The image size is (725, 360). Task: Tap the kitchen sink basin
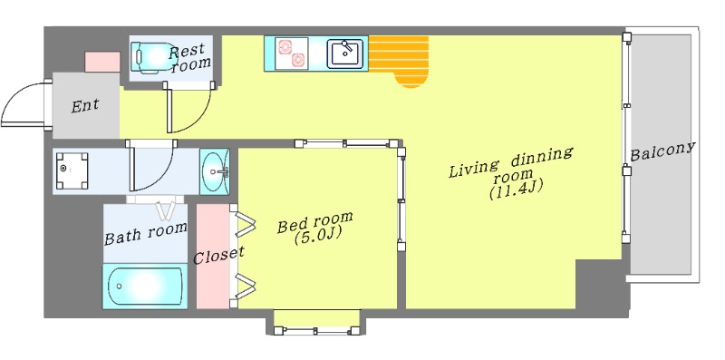pyautogui.click(x=345, y=54)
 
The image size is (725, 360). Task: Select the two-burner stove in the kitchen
pyautogui.click(x=291, y=54)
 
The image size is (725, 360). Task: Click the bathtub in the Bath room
pyautogui.click(x=145, y=286)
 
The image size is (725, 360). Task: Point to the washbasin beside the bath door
pyautogui.click(x=214, y=171)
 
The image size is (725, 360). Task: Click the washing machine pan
pyautogui.click(x=72, y=170)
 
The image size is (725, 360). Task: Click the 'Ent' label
pyautogui.click(x=85, y=106)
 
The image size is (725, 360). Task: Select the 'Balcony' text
pyautogui.click(x=662, y=151)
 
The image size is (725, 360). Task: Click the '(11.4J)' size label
pyautogui.click(x=516, y=190)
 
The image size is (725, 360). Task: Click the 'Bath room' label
pyautogui.click(x=146, y=233)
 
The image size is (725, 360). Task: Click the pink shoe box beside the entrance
pyautogui.click(x=102, y=62)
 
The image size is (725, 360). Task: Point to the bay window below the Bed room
pyautogui.click(x=316, y=323)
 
